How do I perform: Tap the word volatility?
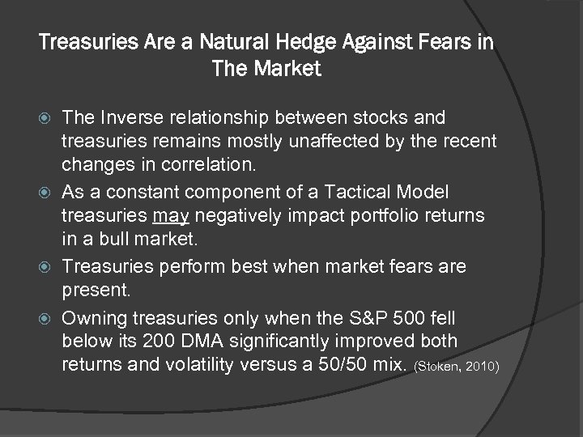point(195,365)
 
